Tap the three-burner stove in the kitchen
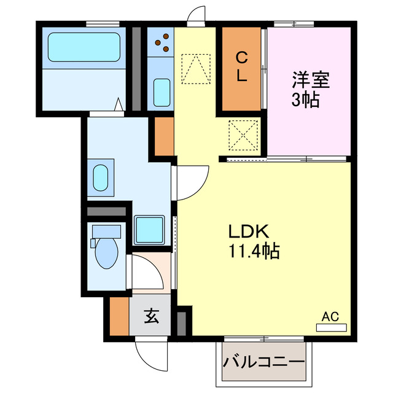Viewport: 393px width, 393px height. pyautogui.click(x=162, y=44)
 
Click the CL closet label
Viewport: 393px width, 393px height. pyautogui.click(x=243, y=68)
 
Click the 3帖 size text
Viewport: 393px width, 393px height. pyautogui.click(x=305, y=100)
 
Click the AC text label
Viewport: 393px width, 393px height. pyautogui.click(x=330, y=317)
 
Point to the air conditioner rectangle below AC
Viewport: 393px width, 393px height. pyautogui.click(x=331, y=328)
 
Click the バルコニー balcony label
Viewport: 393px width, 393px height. pyautogui.click(x=263, y=361)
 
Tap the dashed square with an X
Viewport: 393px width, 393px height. pyautogui.click(x=241, y=134)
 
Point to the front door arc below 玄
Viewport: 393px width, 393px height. pyautogui.click(x=152, y=353)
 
